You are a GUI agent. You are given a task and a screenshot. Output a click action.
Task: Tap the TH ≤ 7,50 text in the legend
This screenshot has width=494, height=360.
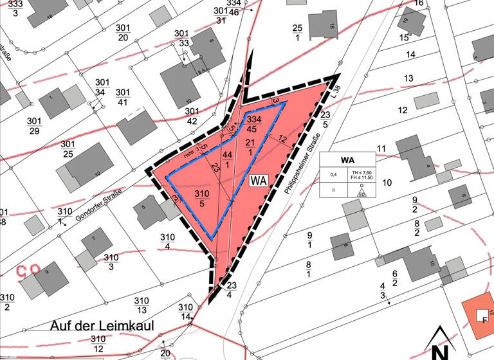point(362,172)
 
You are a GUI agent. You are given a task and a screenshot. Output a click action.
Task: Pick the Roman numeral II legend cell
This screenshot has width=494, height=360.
point(333,190)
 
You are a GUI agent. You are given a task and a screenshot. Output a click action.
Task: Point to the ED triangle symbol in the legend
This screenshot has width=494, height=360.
point(362,192)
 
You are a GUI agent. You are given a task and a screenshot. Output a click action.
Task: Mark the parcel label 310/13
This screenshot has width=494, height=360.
point(142,305)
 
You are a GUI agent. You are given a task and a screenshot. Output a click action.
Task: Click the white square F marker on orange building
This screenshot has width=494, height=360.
point(480,316)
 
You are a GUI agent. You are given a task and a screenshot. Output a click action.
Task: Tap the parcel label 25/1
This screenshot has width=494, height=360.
point(297,33)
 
